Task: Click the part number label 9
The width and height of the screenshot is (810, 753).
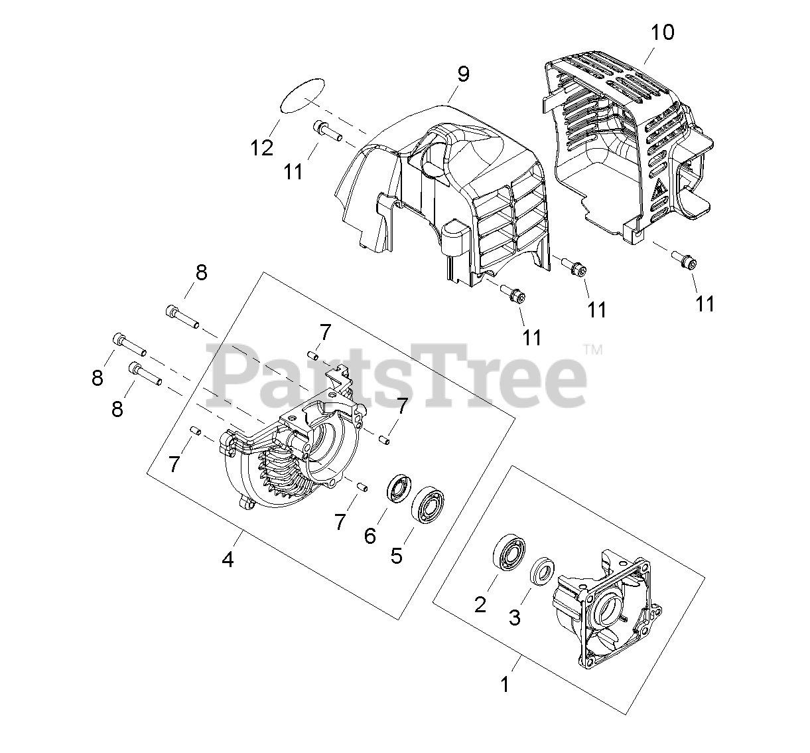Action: point(462,74)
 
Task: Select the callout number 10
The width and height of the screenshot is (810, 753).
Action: point(661,31)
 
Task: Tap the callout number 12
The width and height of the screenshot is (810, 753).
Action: point(262,148)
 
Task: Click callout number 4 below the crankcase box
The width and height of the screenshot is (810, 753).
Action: point(228,560)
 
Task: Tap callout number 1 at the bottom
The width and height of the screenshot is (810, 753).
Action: point(506,684)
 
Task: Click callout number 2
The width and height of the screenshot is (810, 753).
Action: point(480,604)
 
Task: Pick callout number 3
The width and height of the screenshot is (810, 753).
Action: point(515,617)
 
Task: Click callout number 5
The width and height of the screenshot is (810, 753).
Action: point(396,555)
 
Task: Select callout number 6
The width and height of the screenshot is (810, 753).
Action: point(370,535)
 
